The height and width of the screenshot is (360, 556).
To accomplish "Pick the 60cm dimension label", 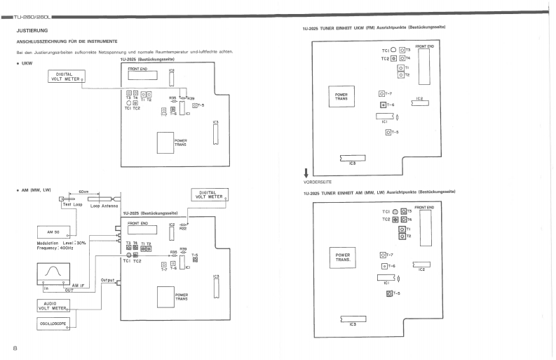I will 83,191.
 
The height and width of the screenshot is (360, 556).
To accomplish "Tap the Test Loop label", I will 72,205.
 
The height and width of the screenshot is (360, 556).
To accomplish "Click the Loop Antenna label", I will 104,206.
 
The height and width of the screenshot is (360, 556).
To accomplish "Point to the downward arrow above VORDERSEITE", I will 306,173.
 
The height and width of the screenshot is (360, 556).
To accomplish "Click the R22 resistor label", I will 183,227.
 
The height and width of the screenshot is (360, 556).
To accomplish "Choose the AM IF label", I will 79,286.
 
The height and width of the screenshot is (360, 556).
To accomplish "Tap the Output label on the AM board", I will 107,279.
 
